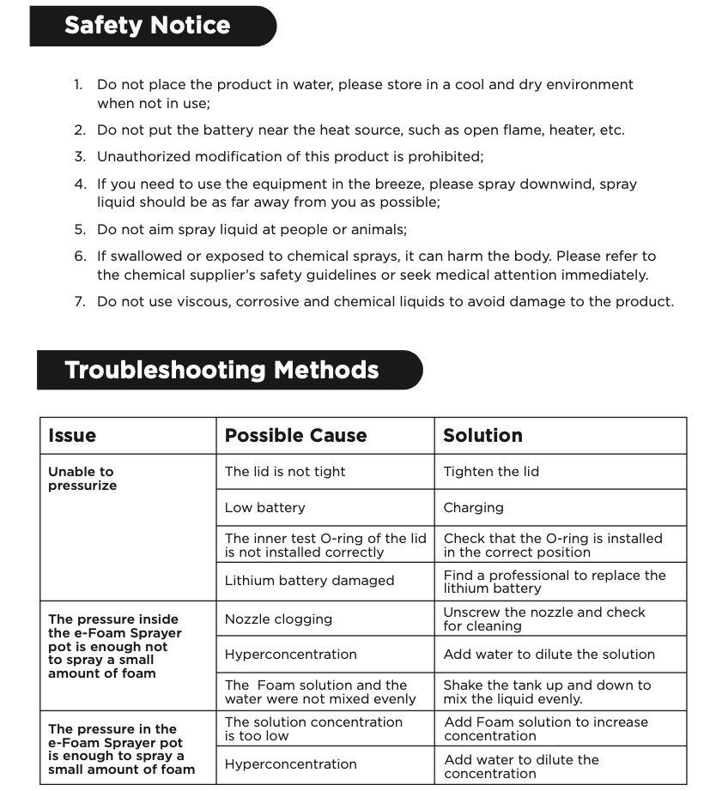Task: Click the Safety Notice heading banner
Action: point(148,26)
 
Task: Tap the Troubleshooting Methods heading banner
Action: point(221,371)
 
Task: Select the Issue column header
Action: point(72,436)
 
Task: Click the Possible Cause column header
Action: point(295,436)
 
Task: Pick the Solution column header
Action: point(482,436)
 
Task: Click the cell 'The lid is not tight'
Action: point(285,472)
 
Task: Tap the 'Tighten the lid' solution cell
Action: point(491,472)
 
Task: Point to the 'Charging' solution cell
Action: point(473,508)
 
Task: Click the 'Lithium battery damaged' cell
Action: point(309,581)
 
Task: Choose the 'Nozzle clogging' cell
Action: point(278,619)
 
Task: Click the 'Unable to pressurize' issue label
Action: point(82,479)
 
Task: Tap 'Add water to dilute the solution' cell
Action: point(549,655)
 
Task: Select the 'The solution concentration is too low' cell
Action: point(313,729)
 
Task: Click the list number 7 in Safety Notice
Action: point(79,302)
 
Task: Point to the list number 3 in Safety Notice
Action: point(79,157)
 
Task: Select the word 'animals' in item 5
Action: point(379,230)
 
